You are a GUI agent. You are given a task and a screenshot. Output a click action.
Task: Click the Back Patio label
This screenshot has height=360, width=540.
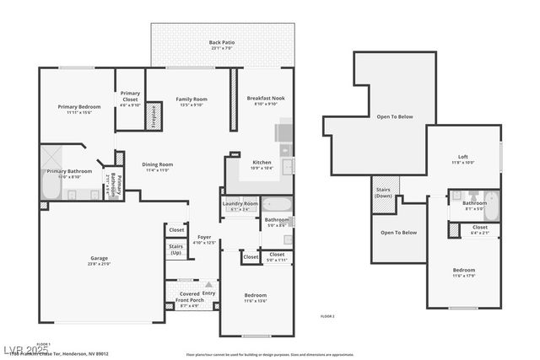pos(222,42)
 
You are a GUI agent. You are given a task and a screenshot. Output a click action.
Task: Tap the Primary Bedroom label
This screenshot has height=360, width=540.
pos(79,107)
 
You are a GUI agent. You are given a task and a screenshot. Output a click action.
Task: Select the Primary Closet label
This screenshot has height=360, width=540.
pos(130,94)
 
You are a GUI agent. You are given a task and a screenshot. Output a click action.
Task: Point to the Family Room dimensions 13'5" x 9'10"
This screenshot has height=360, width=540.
pos(192,105)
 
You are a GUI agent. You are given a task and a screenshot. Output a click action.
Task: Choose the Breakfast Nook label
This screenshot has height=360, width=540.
pos(266,99)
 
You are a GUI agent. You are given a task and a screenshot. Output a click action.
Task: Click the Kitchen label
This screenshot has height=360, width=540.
pos(262,162)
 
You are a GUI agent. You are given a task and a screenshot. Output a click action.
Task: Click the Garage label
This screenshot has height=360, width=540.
pos(100,258)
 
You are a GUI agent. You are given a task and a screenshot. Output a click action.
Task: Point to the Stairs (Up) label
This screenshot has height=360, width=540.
pos(176,250)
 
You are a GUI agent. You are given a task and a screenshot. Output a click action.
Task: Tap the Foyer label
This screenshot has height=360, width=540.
pos(204,238)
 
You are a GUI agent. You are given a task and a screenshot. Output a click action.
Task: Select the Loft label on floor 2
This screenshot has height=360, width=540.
pos(463,157)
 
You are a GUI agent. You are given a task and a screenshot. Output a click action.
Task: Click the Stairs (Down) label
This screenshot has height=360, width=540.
pos(382,193)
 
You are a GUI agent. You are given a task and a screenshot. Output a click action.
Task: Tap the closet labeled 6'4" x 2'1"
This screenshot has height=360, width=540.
pos(479,230)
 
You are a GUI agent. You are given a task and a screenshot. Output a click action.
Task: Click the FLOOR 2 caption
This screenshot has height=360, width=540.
pos(327,315)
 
